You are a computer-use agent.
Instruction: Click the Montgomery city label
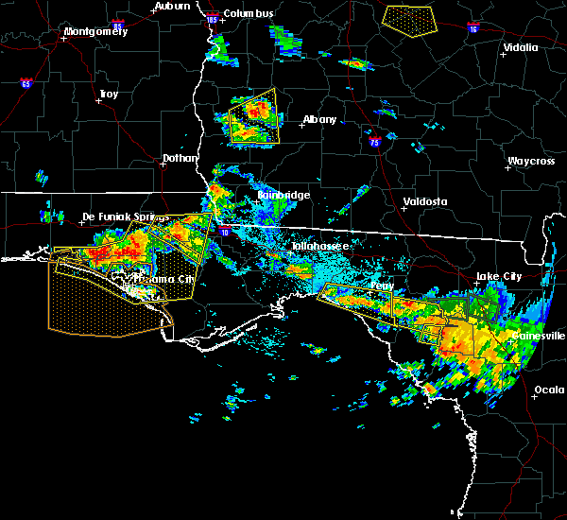point(94,32)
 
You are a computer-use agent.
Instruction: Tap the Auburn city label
point(173,6)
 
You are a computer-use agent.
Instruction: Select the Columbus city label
point(249,13)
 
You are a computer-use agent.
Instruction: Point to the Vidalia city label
point(521,47)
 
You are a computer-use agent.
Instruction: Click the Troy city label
point(109,94)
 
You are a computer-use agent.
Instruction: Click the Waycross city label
point(530,161)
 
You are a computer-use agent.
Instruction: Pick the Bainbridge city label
point(283,196)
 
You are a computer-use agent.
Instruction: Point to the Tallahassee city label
point(319,246)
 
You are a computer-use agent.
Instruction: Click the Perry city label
point(382,285)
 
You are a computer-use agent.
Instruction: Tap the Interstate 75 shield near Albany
point(375,142)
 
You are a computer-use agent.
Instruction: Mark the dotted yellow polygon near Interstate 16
point(408,18)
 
